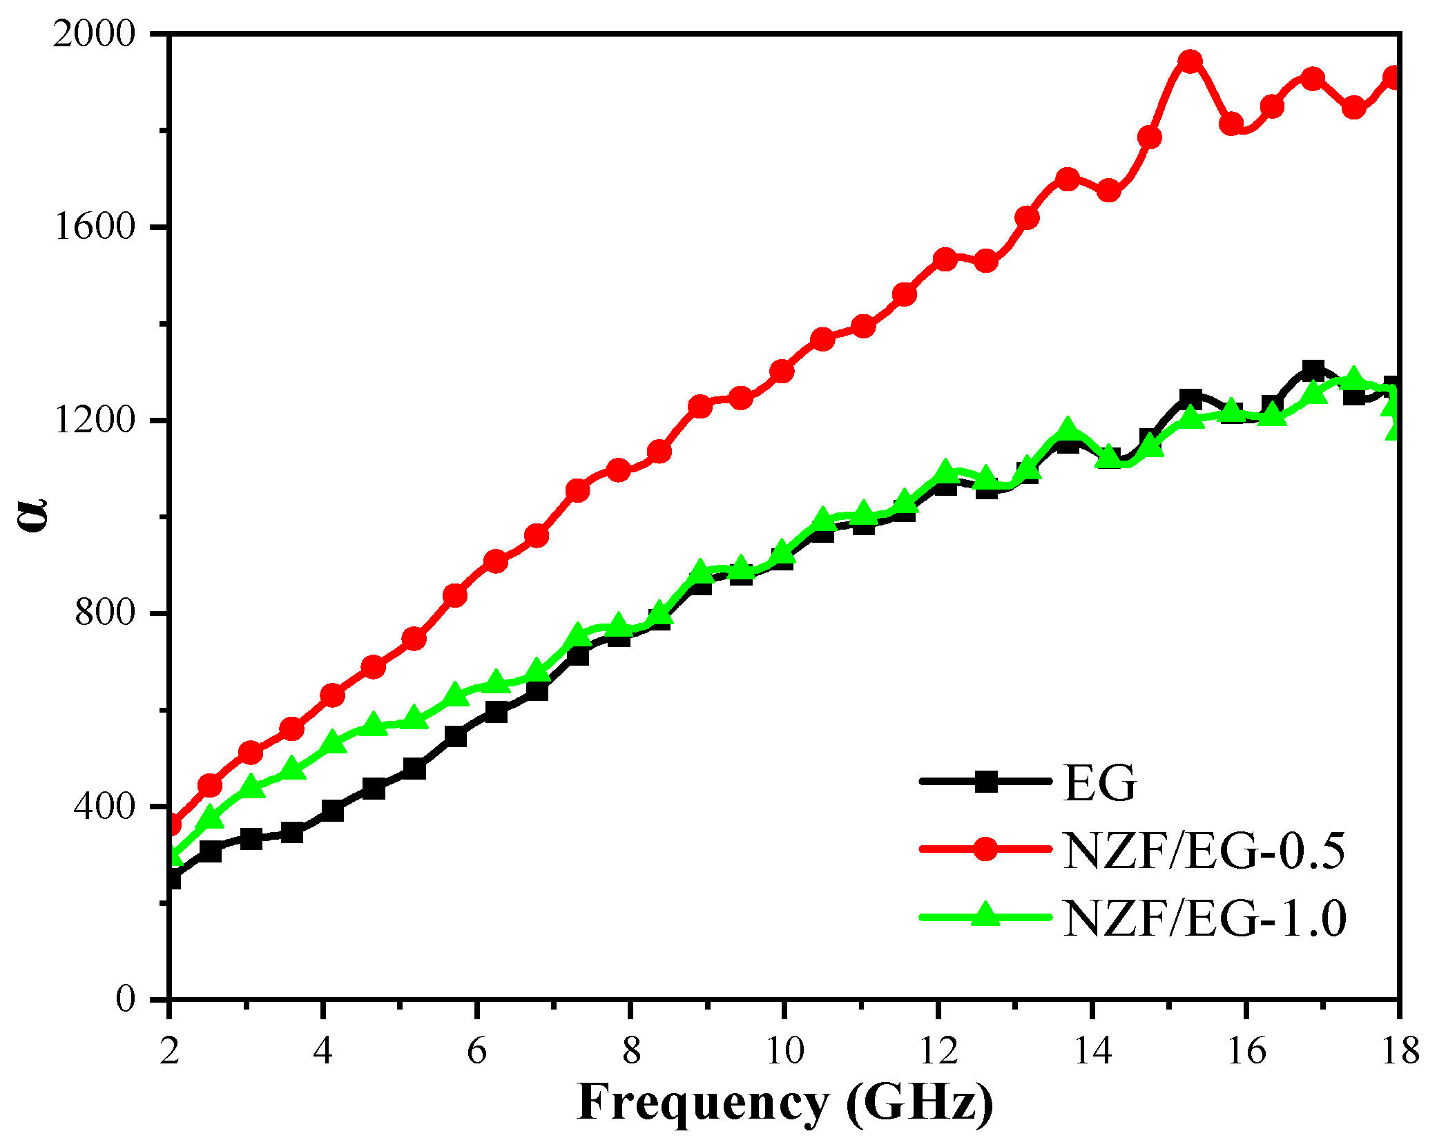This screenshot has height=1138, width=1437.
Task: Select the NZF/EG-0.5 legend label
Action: coord(1204,850)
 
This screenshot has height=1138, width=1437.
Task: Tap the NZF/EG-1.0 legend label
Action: coord(1204,918)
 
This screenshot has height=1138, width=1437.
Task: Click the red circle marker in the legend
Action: coord(985,849)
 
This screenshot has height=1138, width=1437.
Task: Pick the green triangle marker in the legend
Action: coord(985,915)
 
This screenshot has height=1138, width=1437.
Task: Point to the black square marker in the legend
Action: coord(985,782)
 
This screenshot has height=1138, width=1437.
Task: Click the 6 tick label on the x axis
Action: coord(477,1052)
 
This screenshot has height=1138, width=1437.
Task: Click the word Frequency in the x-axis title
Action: coord(702,1103)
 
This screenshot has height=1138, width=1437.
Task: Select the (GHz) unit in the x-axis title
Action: coord(920,1103)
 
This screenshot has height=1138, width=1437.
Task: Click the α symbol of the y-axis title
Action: coord(32,514)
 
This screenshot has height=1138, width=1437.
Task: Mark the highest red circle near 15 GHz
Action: coord(1189,61)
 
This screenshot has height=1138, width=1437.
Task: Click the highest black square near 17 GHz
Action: coord(1313,371)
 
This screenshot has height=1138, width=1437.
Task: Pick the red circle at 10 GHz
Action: coord(781,372)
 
